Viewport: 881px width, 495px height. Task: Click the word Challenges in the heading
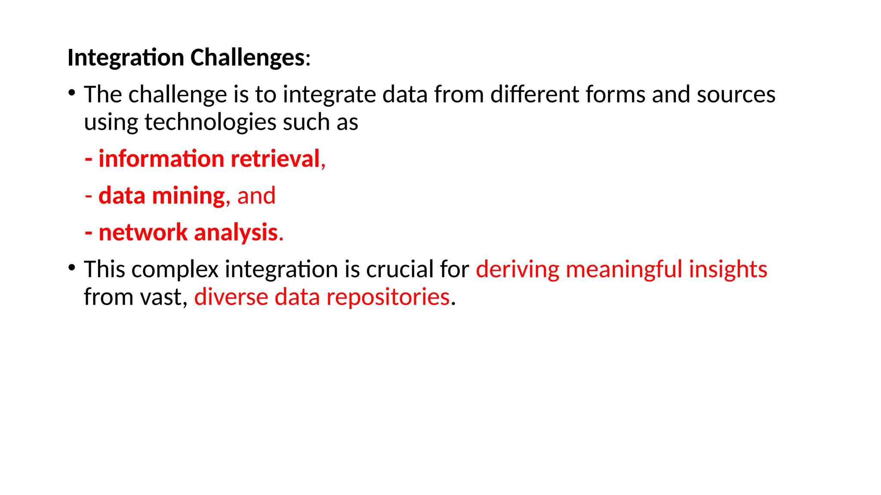tap(247, 58)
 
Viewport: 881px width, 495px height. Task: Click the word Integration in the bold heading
tap(126, 58)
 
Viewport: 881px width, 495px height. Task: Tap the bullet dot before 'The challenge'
tap(72, 93)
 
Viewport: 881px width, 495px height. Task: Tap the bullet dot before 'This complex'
tap(72, 268)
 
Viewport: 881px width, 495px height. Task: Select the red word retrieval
tap(275, 159)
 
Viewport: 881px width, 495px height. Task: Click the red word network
tap(143, 233)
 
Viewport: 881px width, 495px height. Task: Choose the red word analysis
tap(236, 233)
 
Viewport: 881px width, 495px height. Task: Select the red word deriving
tap(518, 269)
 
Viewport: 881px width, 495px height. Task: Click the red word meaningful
tap(624, 269)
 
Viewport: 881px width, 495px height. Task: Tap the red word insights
tap(728, 269)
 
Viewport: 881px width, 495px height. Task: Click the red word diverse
tap(231, 297)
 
